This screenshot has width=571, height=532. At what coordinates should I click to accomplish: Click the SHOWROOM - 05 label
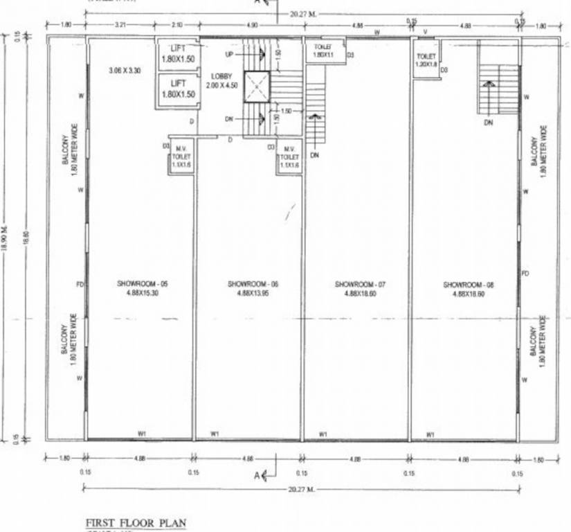point(142,284)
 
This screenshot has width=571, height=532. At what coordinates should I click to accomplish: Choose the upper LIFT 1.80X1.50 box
point(177,53)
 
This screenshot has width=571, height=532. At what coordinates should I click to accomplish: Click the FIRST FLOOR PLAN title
point(136,522)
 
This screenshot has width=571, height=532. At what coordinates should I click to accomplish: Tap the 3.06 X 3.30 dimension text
point(125,70)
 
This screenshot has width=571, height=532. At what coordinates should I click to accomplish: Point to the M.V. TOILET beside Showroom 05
point(183,157)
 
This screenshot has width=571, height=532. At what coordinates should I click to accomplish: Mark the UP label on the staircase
point(229,53)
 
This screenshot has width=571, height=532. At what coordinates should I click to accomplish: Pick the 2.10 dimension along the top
point(176,25)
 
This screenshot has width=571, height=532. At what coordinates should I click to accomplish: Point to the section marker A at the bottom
point(257,475)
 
